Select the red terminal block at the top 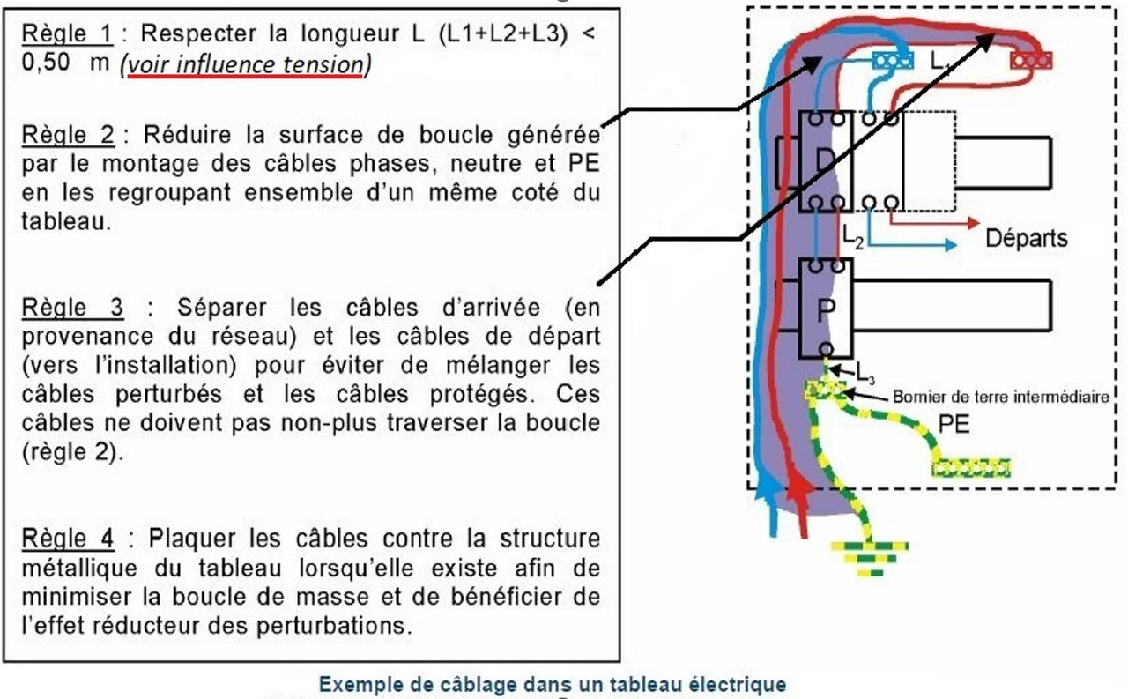(1031, 60)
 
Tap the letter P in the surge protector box (826, 310)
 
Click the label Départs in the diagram (1026, 238)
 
